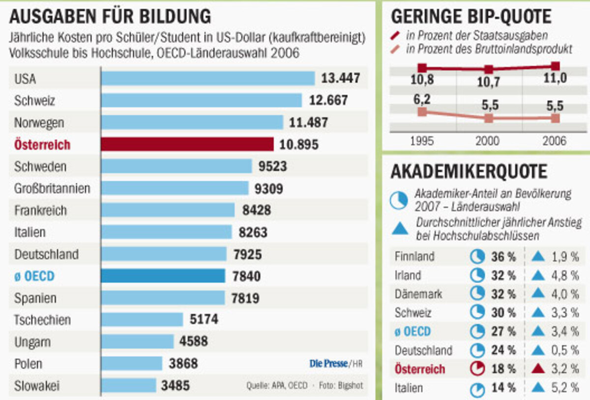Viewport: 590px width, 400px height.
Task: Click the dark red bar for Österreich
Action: pos(187,144)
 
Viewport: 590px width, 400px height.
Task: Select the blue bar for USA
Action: pos(207,79)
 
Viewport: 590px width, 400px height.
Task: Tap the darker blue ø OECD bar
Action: pos(163,276)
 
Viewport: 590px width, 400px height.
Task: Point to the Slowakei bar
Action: pos(129,385)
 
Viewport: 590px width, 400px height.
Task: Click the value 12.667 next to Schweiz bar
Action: pos(328,101)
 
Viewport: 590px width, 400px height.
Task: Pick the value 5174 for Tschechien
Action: pos(204,320)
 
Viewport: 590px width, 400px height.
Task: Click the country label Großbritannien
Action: pos(52,188)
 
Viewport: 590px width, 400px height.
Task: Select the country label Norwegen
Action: pos(39,122)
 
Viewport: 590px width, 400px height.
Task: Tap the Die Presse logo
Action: pos(328,364)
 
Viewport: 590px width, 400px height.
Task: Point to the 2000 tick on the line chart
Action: pos(488,142)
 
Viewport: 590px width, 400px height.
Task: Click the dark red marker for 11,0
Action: pos(555,66)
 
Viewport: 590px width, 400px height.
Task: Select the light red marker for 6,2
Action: pos(422,112)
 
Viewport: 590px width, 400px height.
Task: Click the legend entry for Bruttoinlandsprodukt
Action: pos(489,50)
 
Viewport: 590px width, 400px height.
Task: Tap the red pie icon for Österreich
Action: pos(477,369)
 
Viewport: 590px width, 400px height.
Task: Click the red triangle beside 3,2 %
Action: pos(538,369)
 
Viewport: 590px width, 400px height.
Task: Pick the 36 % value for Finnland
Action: pos(503,257)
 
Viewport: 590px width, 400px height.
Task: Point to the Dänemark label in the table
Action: pos(418,294)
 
